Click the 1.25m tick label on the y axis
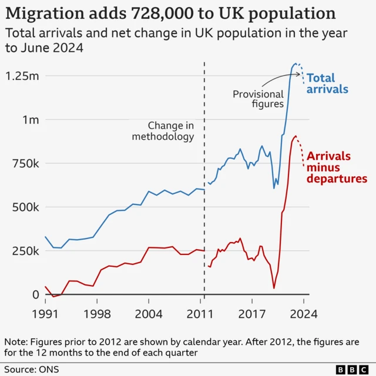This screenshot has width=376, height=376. pos(22,76)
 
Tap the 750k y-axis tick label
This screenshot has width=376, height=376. pos(26,163)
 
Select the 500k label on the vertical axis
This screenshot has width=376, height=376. pos(26,207)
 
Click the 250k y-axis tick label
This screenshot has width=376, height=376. pos(26,251)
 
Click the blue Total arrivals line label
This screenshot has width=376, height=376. pos(328,83)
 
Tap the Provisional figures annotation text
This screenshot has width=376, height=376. pos(258,100)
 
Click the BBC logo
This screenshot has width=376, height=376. pos(350,369)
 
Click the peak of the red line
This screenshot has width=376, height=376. pos(295,136)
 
